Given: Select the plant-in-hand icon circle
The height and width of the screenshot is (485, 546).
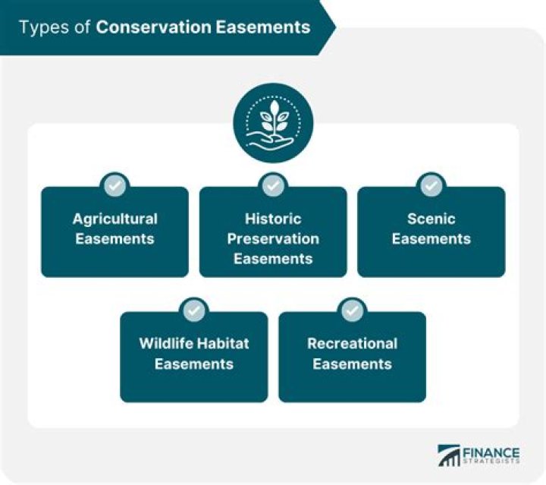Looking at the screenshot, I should (x=273, y=123).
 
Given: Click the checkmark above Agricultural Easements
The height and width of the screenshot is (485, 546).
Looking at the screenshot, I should (x=115, y=185).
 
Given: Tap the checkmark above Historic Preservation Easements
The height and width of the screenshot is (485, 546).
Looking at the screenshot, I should (x=273, y=185).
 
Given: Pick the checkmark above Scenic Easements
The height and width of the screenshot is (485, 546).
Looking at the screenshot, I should (x=431, y=185).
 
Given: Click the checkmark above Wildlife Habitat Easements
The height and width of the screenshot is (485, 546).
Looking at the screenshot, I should (x=194, y=310).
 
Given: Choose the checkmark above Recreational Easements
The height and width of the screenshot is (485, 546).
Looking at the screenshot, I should (x=352, y=310).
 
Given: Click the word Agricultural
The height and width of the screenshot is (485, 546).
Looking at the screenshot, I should (x=115, y=219).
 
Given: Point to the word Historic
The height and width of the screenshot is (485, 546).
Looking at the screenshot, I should (x=273, y=219).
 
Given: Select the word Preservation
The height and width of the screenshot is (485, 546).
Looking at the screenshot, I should (x=273, y=238).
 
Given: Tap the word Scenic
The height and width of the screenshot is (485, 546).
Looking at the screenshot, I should (x=431, y=219).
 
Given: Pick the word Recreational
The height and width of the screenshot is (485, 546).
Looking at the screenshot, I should (x=352, y=344).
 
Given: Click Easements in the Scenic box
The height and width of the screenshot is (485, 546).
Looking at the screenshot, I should (x=431, y=238).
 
